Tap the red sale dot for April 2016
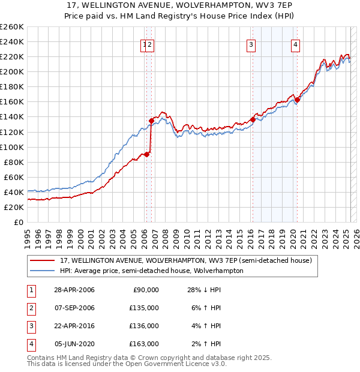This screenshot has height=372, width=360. tap(253, 119)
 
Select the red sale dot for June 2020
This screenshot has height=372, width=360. tap(297, 100)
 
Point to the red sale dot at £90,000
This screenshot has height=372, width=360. tap(147, 154)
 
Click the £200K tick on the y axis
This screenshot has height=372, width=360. tap(11, 71)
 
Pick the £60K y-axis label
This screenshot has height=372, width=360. tap(14, 177)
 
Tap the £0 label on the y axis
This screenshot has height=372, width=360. tap(18, 222)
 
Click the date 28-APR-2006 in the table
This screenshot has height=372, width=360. tap(74, 290)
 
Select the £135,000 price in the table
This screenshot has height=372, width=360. tap(145, 308)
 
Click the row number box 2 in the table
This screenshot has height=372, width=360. tap(29, 308)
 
